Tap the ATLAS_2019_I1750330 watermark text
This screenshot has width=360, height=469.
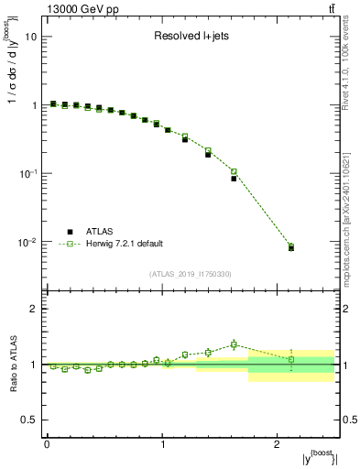(x=190, y=274)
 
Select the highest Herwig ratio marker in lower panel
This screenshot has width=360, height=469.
(x=234, y=344)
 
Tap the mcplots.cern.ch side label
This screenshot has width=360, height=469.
(x=351, y=220)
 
